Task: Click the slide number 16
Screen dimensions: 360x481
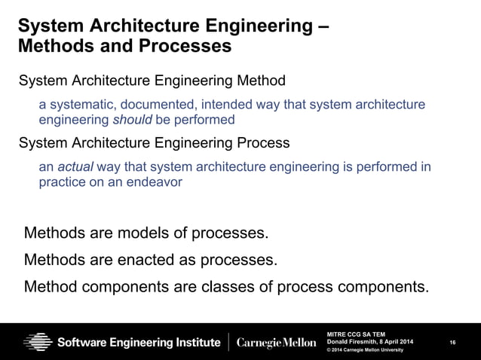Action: click(452, 343)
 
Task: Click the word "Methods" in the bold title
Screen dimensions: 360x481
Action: click(47, 47)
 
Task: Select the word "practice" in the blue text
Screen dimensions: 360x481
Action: click(61, 182)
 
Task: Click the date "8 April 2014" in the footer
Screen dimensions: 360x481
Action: click(396, 343)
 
